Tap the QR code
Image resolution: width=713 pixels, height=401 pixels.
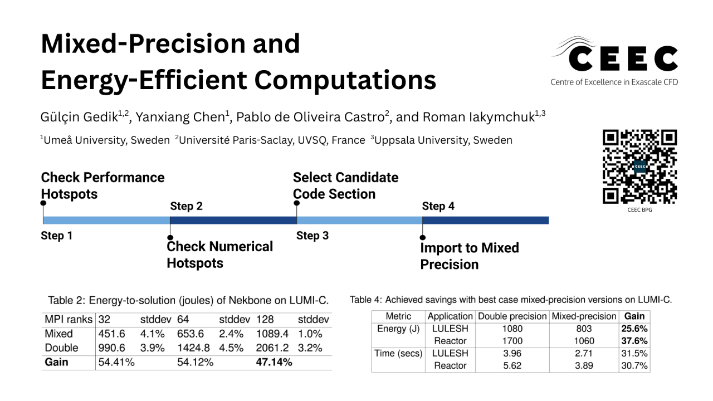(639, 167)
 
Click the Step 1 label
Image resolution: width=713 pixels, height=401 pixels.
(57, 236)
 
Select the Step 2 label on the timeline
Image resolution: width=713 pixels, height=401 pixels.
(186, 206)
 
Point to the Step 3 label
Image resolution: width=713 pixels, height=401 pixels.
(312, 236)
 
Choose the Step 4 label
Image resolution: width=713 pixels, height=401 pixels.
(438, 206)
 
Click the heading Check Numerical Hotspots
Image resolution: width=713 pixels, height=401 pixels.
(219, 255)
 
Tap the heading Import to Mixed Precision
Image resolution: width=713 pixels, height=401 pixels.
(469, 256)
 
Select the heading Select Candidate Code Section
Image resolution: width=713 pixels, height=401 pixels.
(345, 185)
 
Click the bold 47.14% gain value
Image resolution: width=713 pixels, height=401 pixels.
(274, 363)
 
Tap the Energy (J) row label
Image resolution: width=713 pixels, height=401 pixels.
(398, 329)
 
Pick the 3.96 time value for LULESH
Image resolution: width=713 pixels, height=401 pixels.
(512, 353)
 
